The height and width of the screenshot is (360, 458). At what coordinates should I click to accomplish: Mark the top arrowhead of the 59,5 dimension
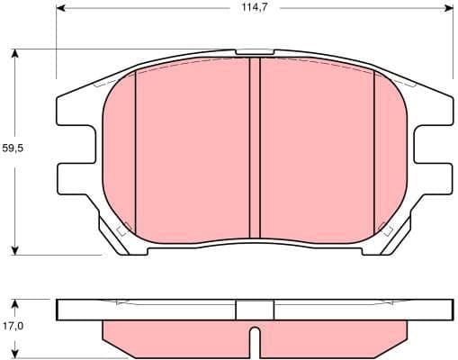[x=16, y=52]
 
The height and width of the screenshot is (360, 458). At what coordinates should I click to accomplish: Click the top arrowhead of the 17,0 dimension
[x=16, y=301]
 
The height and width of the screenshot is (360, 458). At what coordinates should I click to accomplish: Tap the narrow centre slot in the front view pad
[x=254, y=148]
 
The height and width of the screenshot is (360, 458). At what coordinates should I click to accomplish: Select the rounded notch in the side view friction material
[x=255, y=342]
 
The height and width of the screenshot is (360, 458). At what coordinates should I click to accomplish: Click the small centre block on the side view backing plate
[x=254, y=309]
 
